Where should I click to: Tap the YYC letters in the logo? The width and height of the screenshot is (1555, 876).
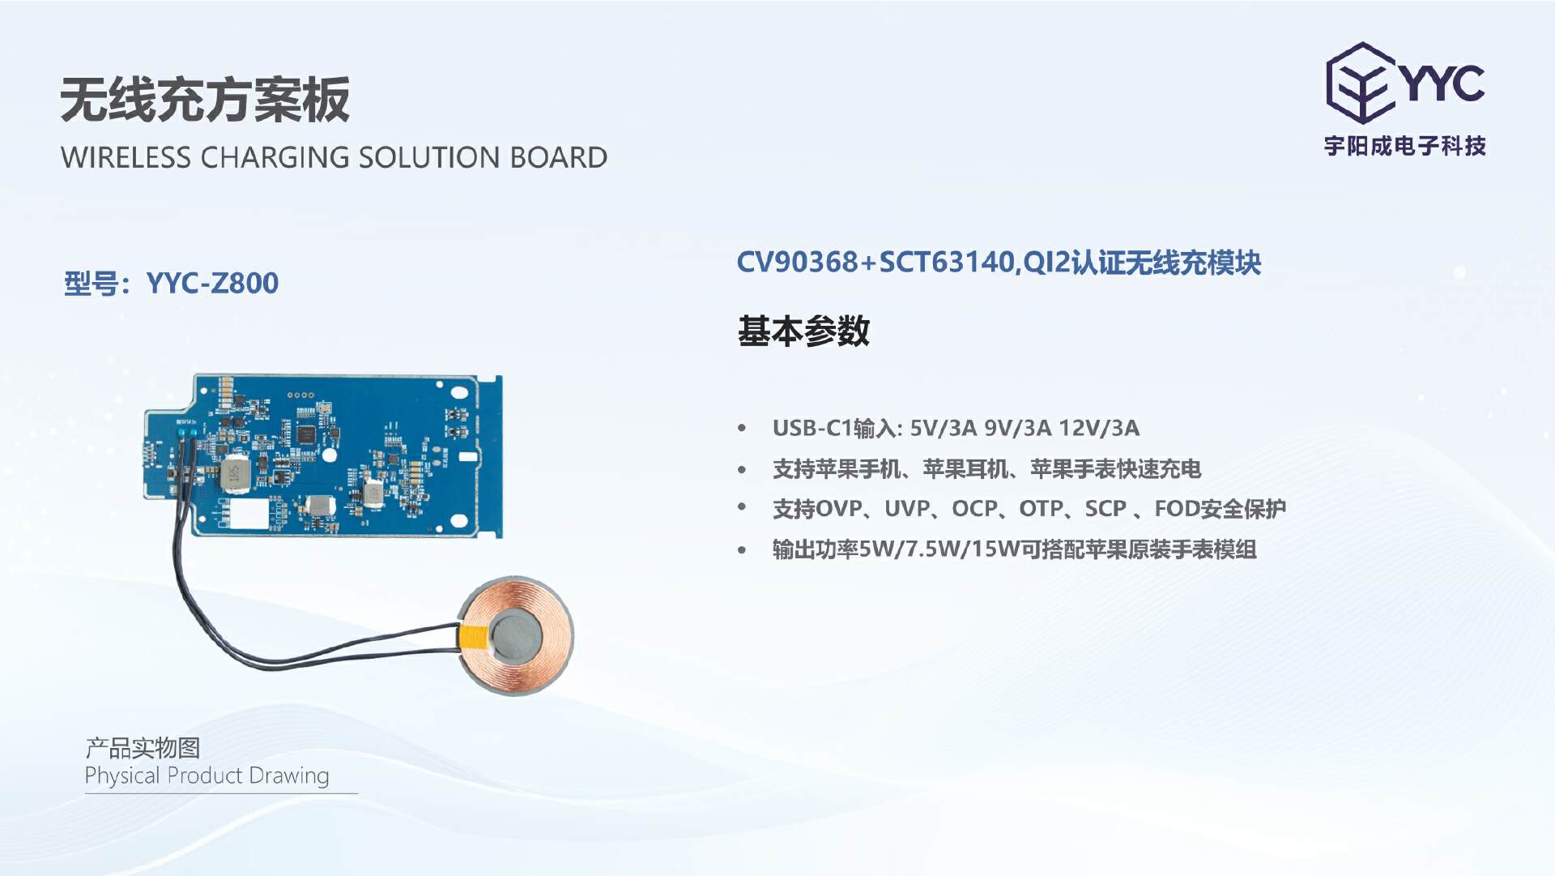tap(1442, 82)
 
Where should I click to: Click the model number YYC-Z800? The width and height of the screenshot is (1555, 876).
tap(212, 283)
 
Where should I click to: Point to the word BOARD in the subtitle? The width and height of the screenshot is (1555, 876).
tap(559, 157)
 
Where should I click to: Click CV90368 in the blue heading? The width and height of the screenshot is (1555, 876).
tap(797, 262)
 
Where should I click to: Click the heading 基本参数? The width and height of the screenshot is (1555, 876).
tap(803, 331)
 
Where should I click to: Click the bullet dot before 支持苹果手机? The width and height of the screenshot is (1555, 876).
tap(742, 469)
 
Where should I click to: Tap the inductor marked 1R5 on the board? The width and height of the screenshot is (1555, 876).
tap(234, 476)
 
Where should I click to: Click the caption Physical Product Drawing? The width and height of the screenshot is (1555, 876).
tap(207, 776)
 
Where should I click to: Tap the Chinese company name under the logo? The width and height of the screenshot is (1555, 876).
tap(1405, 146)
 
